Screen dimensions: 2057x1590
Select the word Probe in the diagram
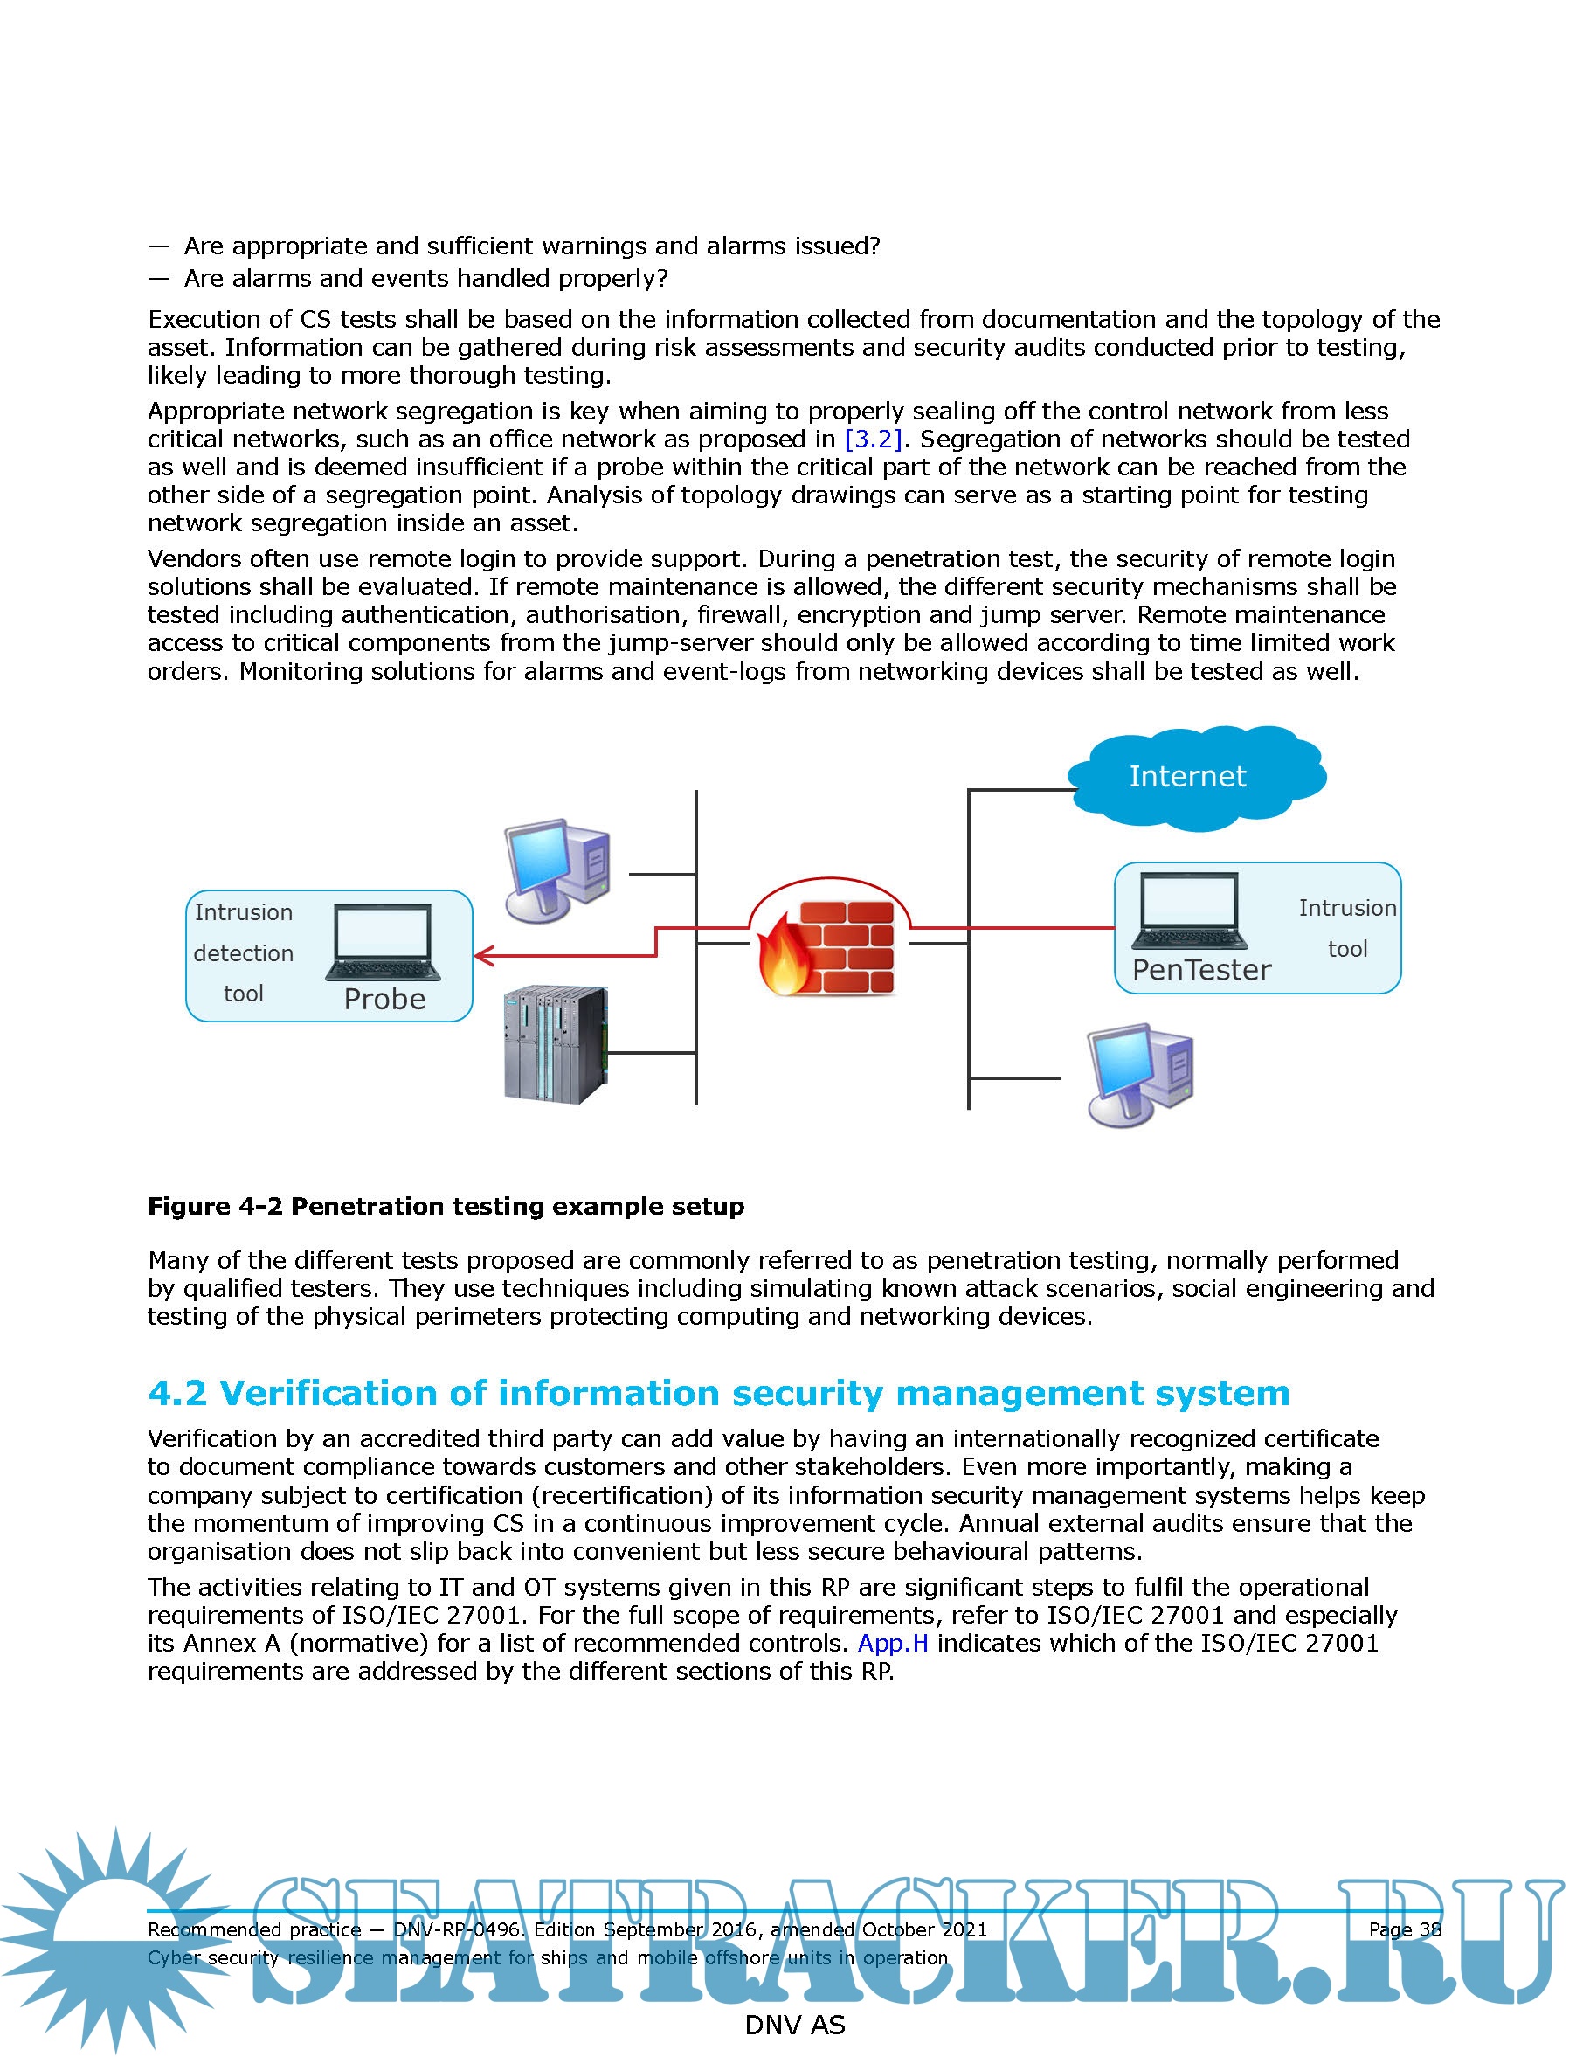point(384,999)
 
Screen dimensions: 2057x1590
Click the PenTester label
point(1201,969)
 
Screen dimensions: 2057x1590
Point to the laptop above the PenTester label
point(1190,911)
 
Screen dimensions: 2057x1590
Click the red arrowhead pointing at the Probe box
point(483,956)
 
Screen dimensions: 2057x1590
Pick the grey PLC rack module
point(555,1043)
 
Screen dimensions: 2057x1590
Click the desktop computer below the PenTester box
point(1139,1075)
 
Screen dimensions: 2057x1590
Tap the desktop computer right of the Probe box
point(557,869)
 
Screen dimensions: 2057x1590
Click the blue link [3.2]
point(874,439)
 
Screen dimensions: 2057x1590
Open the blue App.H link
point(893,1643)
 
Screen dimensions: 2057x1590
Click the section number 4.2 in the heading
point(177,1393)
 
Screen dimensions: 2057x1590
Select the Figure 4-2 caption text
point(446,1207)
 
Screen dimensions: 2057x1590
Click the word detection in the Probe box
point(243,953)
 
